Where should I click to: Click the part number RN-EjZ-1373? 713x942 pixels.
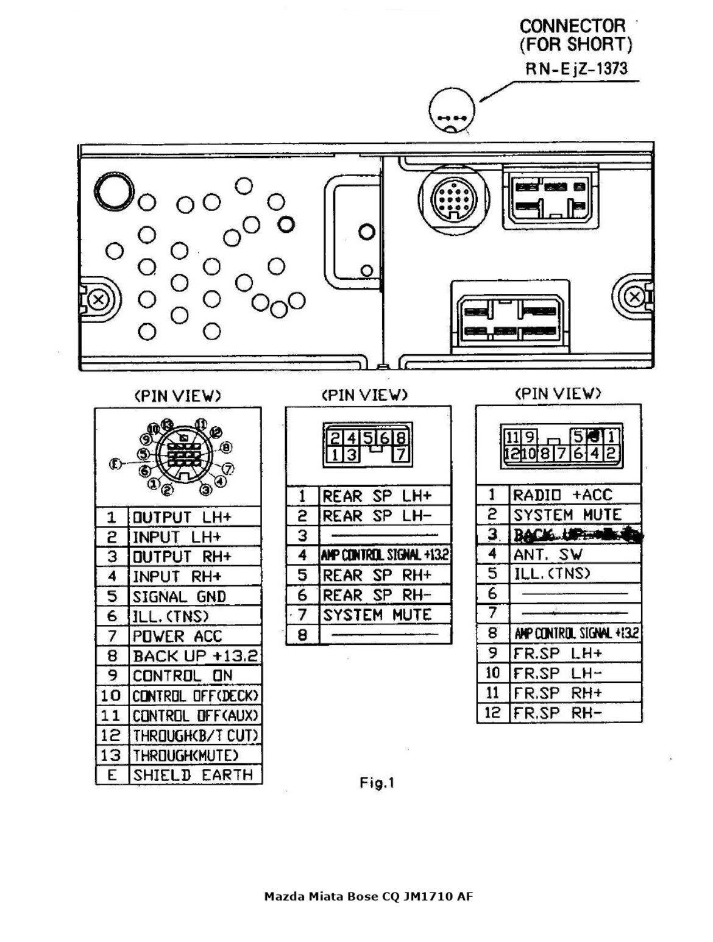pyautogui.click(x=576, y=69)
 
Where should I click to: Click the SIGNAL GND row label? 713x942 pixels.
pyautogui.click(x=179, y=596)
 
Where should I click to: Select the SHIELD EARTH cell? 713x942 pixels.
pyautogui.click(x=193, y=775)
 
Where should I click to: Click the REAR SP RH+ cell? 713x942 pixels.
pyautogui.click(x=377, y=575)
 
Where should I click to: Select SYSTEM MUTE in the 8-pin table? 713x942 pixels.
pyautogui.click(x=377, y=615)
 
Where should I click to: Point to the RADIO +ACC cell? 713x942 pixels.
pyautogui.click(x=562, y=495)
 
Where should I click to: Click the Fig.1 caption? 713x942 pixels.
pyautogui.click(x=377, y=783)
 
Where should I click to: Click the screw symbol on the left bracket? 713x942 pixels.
pyautogui.click(x=98, y=299)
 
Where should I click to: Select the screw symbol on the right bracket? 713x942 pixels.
pyautogui.click(x=634, y=297)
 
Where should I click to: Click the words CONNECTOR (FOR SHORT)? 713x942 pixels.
pyautogui.click(x=575, y=35)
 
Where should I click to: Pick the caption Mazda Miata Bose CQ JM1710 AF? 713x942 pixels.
pyautogui.click(x=368, y=896)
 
